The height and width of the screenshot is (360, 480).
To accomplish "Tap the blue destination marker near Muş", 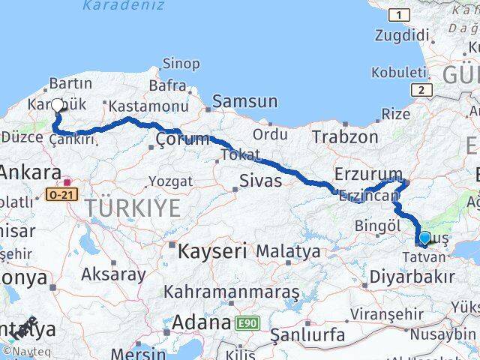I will point(424,238).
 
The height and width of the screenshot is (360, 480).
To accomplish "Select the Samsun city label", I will point(244,101).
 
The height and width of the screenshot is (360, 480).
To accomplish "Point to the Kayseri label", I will point(212,250).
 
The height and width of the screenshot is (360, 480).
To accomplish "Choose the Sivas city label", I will point(260,180).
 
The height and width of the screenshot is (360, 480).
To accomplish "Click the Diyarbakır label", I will point(412,277).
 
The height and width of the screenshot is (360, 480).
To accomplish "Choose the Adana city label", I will point(201,323).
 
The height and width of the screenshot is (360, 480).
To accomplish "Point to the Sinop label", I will point(180,64).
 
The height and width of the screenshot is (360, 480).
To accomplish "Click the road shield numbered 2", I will point(424,89).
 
